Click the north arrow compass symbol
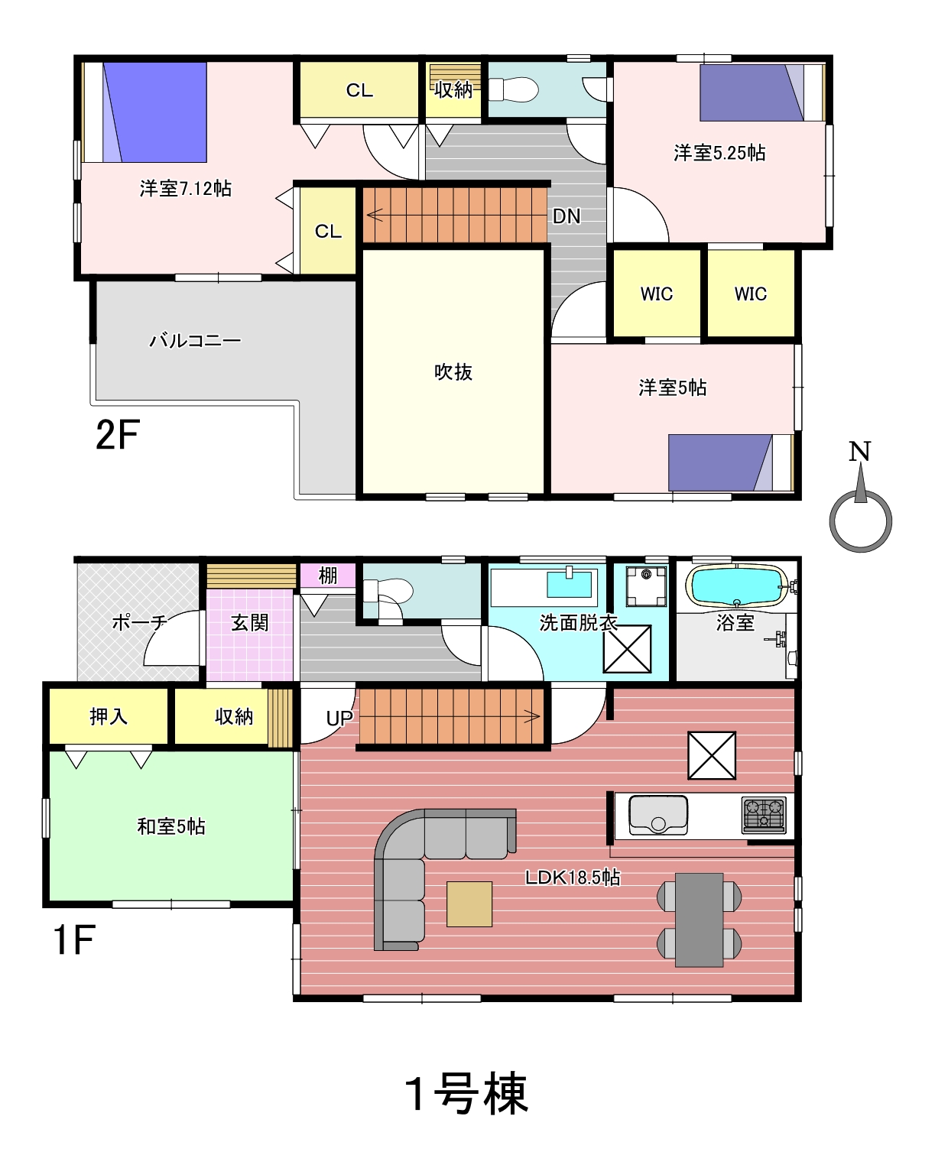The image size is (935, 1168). click(x=860, y=521)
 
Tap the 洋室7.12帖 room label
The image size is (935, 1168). click(x=186, y=188)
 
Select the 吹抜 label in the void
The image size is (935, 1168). click(x=453, y=371)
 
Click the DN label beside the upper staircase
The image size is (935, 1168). click(x=567, y=216)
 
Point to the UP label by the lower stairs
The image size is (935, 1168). click(x=339, y=719)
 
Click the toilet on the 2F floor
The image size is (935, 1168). click(x=513, y=89)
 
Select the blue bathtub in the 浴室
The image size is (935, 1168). click(x=736, y=585)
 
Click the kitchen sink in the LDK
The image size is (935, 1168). click(x=658, y=815)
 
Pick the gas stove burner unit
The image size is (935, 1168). click(x=764, y=815)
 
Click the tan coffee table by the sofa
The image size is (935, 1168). click(x=469, y=904)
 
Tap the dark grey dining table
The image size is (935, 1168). click(x=699, y=920)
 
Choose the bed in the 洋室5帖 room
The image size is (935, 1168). click(x=731, y=462)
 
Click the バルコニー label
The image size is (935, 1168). click(x=195, y=340)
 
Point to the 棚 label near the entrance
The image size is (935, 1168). click(x=328, y=576)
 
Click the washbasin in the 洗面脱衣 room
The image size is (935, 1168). click(x=569, y=584)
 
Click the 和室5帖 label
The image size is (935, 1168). click(x=171, y=826)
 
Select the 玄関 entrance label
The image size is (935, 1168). click(x=250, y=622)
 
